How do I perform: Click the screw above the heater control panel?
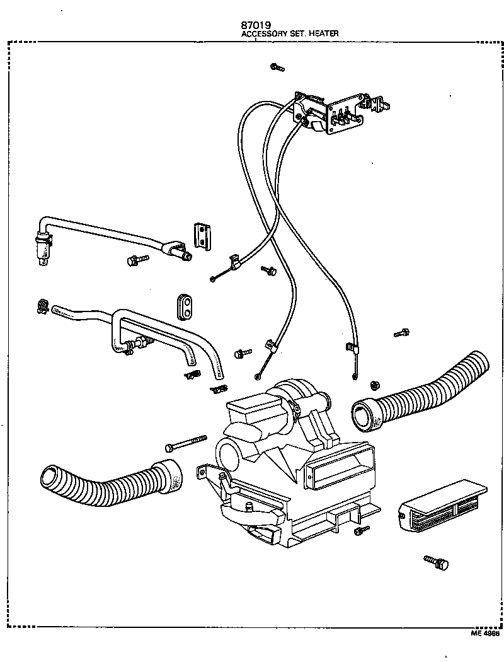coord(276,67)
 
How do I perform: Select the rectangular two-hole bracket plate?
coord(202,235)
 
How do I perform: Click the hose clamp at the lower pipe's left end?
coord(43,306)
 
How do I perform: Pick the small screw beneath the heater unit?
coord(361,531)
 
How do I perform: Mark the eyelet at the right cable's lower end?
coord(355,377)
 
